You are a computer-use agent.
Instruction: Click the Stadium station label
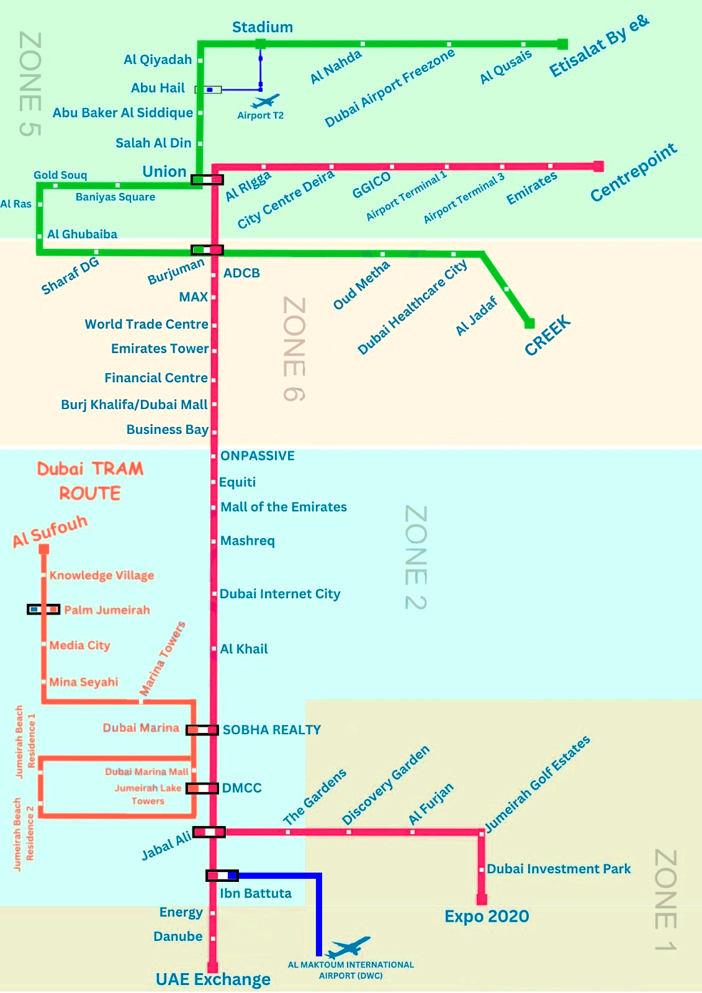(x=263, y=27)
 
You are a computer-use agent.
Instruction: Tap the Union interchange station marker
(x=207, y=179)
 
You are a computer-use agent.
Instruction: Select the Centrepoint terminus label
(x=634, y=172)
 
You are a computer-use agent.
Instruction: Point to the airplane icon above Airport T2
(x=265, y=101)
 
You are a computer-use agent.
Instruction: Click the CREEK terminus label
(x=547, y=335)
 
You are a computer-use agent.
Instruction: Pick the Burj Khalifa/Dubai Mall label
(x=134, y=405)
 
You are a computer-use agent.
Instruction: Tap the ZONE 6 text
(x=294, y=349)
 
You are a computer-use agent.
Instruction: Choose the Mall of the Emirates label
(x=284, y=506)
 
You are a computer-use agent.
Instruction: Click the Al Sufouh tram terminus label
(x=50, y=531)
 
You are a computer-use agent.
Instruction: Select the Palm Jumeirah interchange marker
(x=43, y=609)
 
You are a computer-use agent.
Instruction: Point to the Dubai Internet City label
(x=280, y=593)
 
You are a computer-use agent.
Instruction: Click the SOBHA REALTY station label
(x=271, y=730)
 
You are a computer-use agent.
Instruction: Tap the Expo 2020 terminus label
(x=487, y=916)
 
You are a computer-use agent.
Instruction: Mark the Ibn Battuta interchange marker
(x=222, y=875)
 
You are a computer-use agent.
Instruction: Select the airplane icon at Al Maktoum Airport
(x=348, y=947)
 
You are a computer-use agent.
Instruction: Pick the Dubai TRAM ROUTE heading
(x=90, y=480)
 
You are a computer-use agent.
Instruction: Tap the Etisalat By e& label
(x=599, y=46)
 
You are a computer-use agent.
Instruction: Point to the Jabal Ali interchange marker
(x=209, y=832)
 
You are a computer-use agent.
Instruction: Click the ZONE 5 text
(x=30, y=84)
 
